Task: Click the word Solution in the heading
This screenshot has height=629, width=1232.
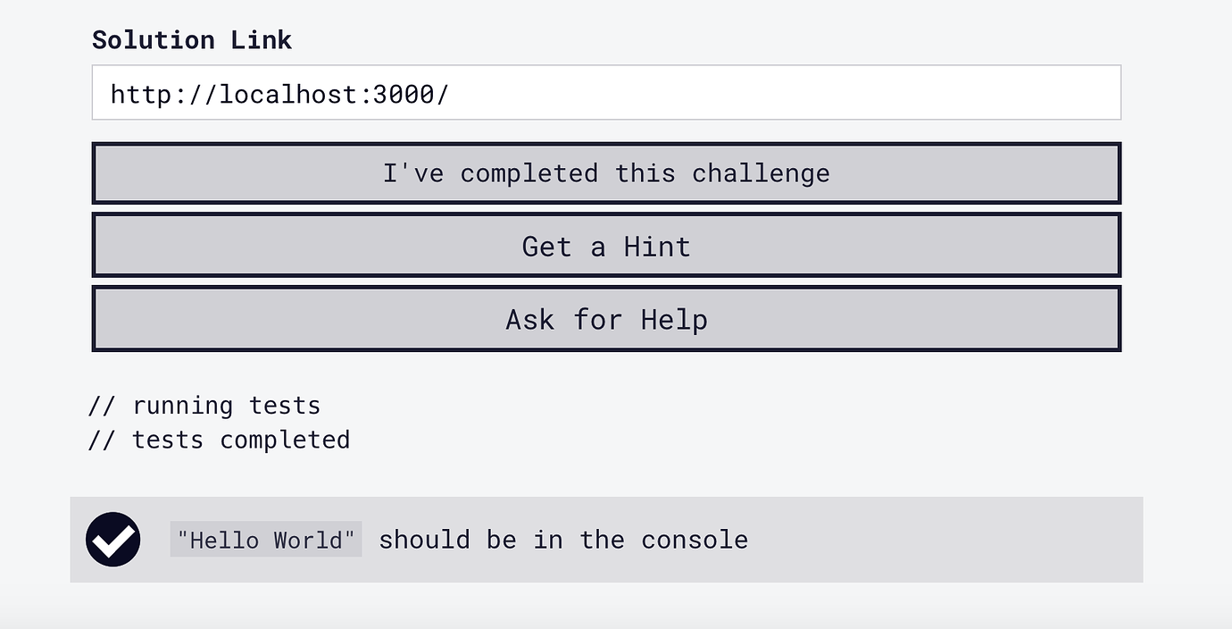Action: pyautogui.click(x=153, y=40)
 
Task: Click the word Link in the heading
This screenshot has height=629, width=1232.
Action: pyautogui.click(x=261, y=40)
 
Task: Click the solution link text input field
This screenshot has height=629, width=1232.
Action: pyautogui.click(x=606, y=92)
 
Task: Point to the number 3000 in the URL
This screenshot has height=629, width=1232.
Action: pyautogui.click(x=404, y=94)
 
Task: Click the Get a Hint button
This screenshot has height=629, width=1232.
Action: pyautogui.click(x=606, y=246)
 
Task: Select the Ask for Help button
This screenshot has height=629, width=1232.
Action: pyautogui.click(x=606, y=319)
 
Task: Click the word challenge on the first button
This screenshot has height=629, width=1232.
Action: pyautogui.click(x=761, y=174)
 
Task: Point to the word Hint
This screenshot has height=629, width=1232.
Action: pyautogui.click(x=657, y=247)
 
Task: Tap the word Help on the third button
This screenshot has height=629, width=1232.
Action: pyautogui.click(x=674, y=320)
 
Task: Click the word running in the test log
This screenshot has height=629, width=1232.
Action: pyautogui.click(x=183, y=407)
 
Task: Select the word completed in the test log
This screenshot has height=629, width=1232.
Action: pyautogui.click(x=285, y=440)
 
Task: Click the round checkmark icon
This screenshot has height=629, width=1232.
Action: pyautogui.click(x=112, y=540)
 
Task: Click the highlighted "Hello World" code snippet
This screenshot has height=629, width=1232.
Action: pyautogui.click(x=266, y=540)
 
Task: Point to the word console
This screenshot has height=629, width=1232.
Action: pyautogui.click(x=694, y=540)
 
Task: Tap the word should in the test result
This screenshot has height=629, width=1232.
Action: pyautogui.click(x=424, y=540)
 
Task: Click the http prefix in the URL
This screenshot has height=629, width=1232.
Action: pyautogui.click(x=141, y=94)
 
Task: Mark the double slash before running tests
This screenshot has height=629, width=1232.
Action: pyautogui.click(x=102, y=407)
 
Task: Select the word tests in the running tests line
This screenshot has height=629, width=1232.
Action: pyautogui.click(x=285, y=407)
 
